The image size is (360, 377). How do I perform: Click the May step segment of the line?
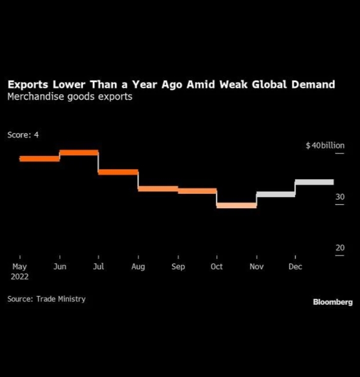[40, 159]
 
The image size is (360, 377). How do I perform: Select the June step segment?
[79, 153]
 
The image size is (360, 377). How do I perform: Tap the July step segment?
[118, 172]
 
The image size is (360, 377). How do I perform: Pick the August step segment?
[158, 189]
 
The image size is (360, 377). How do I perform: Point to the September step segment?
[197, 191]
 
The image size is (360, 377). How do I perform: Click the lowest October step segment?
[236, 205]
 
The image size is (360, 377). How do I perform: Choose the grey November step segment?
[275, 194]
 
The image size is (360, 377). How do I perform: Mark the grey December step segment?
[314, 182]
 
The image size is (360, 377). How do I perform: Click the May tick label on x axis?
[20, 267]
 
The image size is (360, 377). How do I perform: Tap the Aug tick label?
[138, 267]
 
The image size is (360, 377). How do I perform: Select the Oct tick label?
[216, 267]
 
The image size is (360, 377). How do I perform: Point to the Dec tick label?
[295, 267]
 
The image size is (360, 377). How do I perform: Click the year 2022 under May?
[20, 276]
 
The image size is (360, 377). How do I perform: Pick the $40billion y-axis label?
[325, 146]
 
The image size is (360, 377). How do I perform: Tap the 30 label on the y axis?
[340, 197]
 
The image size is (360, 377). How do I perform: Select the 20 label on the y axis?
[340, 248]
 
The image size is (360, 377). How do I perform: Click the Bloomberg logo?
[333, 302]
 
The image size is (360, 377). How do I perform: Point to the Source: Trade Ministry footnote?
[47, 299]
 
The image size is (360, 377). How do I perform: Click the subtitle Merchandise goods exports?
[70, 97]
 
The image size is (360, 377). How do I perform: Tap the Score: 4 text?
[23, 135]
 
